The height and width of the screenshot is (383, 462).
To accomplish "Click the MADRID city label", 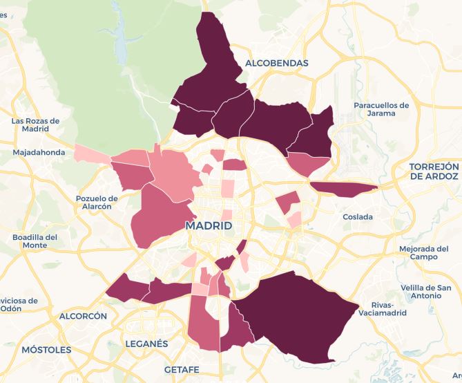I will (209, 226).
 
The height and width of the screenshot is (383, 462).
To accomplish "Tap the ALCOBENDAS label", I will (276, 63).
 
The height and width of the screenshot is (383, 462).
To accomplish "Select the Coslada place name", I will (358, 217).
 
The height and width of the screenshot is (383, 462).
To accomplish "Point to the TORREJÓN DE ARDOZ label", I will (434, 171).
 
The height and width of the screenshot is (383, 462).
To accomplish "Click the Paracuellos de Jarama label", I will (381, 109).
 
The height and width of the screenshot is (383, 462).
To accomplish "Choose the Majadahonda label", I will (39, 153).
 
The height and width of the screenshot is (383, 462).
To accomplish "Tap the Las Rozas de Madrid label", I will (35, 125).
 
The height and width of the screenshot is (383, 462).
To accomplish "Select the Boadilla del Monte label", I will (35, 241).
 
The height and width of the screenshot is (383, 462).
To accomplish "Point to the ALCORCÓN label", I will (84, 316).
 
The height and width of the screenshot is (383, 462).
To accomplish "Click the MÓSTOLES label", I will (46, 350).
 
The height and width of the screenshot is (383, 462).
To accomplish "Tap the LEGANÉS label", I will (148, 344).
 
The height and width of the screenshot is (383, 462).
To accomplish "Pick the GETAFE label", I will (182, 369).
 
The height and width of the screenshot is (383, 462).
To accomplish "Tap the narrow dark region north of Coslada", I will (342, 187).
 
